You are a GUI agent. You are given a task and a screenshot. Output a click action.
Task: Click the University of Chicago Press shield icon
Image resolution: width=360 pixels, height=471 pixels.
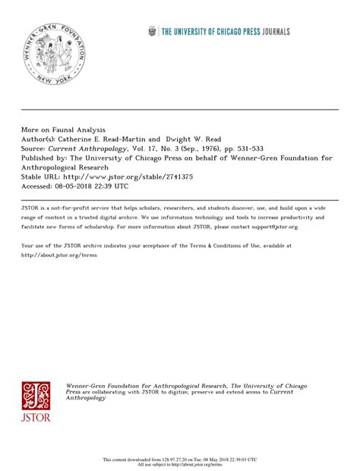coord(151,30)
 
